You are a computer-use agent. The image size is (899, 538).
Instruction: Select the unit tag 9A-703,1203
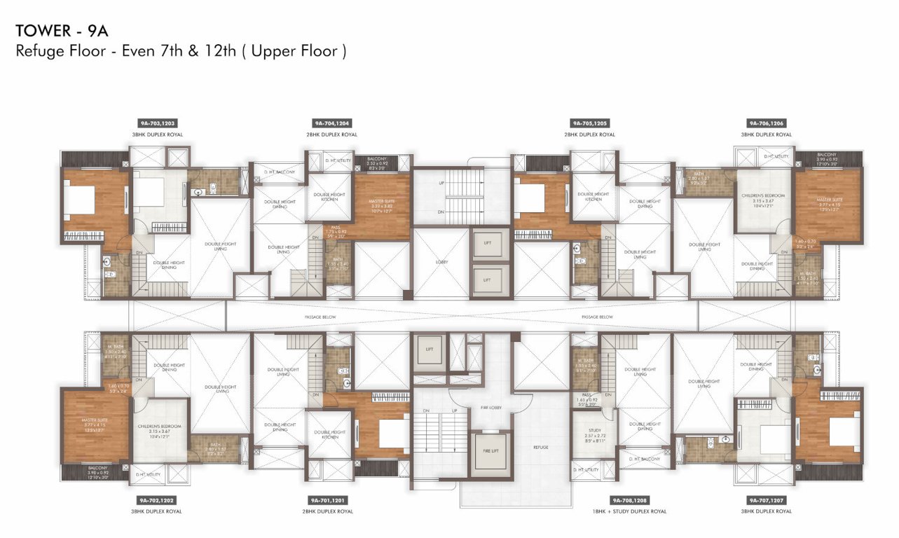click(156, 123)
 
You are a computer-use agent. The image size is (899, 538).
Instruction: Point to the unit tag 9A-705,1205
click(589, 123)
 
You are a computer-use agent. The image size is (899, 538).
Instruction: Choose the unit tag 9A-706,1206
click(766, 123)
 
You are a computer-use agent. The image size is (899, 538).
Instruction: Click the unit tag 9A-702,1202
click(156, 500)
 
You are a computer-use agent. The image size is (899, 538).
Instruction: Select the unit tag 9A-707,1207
click(766, 500)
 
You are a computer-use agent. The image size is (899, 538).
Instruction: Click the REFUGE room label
click(540, 447)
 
